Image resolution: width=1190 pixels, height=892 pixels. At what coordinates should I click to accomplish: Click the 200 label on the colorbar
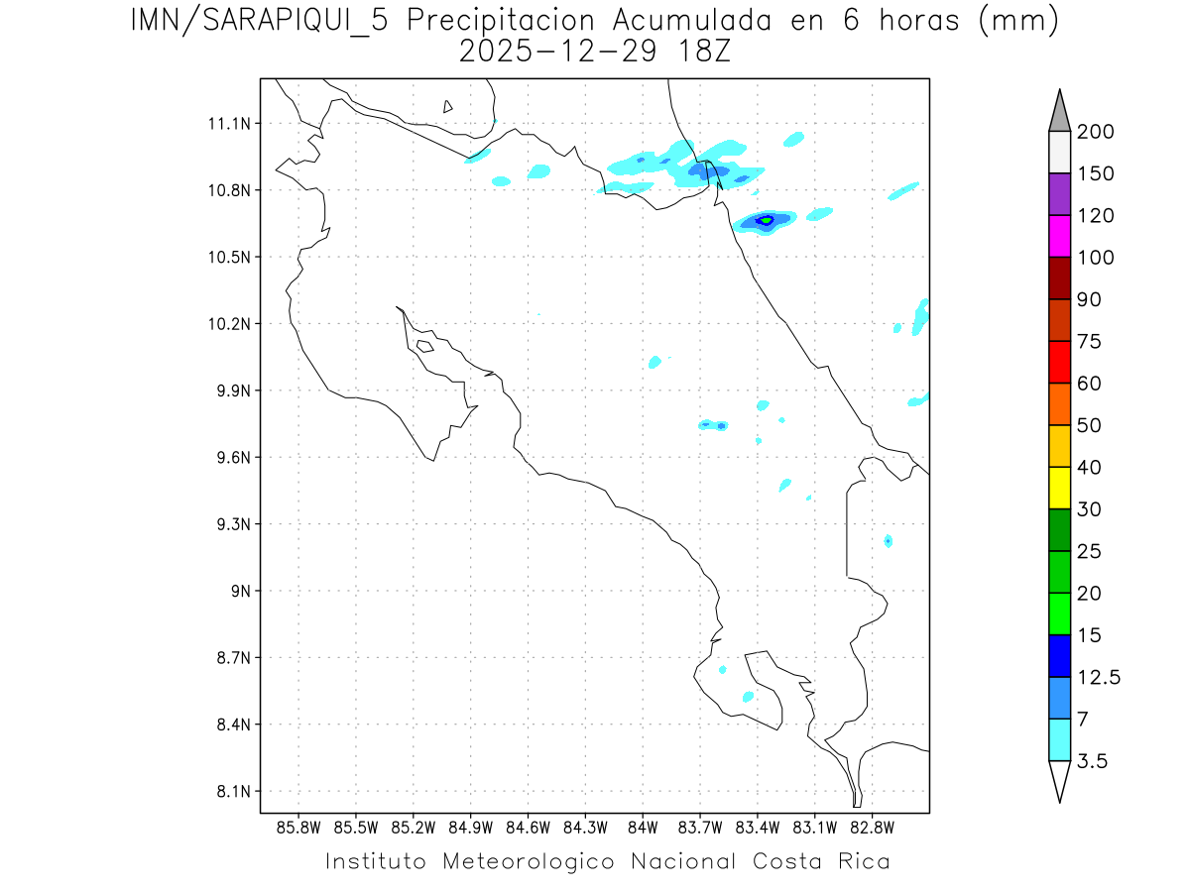tap(1095, 132)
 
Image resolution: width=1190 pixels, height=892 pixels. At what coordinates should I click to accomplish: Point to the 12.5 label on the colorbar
tap(1099, 677)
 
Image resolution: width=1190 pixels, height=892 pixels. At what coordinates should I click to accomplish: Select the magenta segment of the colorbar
tap(1059, 236)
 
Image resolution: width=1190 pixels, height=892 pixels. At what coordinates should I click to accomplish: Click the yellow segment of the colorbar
tap(1059, 488)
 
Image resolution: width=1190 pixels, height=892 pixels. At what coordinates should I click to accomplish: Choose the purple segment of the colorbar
tap(1059, 194)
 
